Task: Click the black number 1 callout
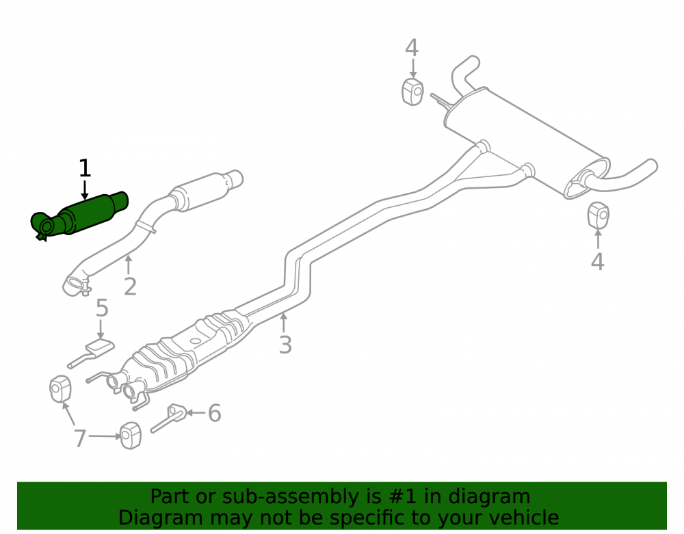click(x=85, y=168)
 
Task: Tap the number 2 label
click(x=130, y=286)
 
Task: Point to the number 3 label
click(x=285, y=345)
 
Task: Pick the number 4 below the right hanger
click(x=598, y=262)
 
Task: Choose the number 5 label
click(x=102, y=308)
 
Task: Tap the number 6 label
click(x=214, y=413)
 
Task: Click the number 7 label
click(x=79, y=438)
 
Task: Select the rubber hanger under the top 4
click(x=412, y=92)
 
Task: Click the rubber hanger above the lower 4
click(x=598, y=215)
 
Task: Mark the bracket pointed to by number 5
click(x=91, y=352)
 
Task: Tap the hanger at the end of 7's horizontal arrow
click(x=130, y=435)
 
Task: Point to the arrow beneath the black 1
click(x=85, y=189)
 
